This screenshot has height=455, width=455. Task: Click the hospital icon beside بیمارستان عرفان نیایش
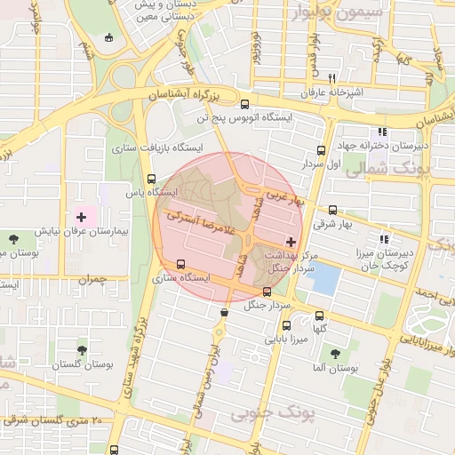82,216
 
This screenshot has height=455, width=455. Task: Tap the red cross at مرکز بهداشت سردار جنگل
291,242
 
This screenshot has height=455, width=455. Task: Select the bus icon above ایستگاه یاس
152,178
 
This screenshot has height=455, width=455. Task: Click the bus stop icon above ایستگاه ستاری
181,264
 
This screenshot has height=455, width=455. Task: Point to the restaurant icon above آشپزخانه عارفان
331,78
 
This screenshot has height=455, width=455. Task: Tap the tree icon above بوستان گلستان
83,351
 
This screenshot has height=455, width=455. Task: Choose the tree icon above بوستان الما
336,352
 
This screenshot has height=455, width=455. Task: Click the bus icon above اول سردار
321,150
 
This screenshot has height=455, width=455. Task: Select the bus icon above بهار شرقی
332,211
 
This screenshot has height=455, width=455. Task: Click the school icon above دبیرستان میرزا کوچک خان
383,239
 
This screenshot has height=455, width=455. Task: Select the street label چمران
92,280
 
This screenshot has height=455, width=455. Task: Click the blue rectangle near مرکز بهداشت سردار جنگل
325,280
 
